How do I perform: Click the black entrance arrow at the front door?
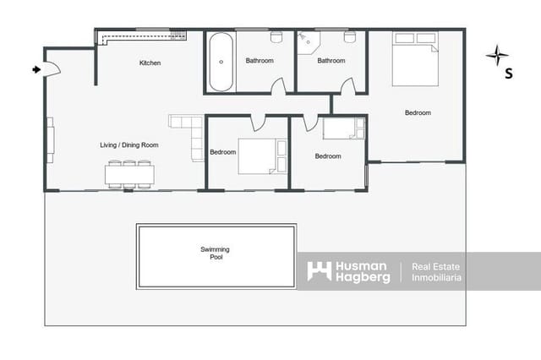coord(36,69)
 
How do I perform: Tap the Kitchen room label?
coord(150,63)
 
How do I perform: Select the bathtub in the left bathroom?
coord(221,62)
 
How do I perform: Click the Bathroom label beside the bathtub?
coord(260,61)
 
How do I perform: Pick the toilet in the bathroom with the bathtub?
coord(276,37)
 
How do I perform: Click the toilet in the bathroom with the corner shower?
coord(350,37)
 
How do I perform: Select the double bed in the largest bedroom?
coord(416,59)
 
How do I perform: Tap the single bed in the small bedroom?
coord(343,128)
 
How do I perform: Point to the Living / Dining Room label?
coord(128,145)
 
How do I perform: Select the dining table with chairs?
coord(129,174)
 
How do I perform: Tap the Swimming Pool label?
coord(215,254)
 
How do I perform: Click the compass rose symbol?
coord(498,56)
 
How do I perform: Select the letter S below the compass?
coord(508,74)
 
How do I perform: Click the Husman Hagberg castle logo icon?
coord(319,271)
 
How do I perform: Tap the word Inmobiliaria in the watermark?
coord(436,277)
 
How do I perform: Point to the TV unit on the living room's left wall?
coord(50,139)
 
